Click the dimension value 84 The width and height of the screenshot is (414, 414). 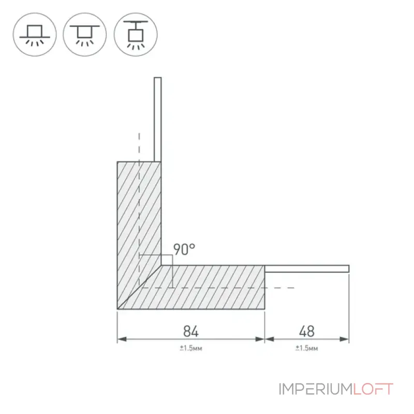190,331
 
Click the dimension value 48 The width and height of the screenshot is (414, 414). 306,331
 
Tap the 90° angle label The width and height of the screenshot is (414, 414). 184,249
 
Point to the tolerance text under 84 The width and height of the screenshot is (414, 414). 191,348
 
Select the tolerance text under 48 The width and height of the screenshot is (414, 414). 306,348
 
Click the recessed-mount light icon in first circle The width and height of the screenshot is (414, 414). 35,35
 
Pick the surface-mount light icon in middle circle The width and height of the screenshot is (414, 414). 85,35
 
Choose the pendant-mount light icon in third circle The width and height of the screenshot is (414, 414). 136,35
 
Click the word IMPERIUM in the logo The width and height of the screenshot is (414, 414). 316,389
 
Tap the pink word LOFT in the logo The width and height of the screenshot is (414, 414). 373,389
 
